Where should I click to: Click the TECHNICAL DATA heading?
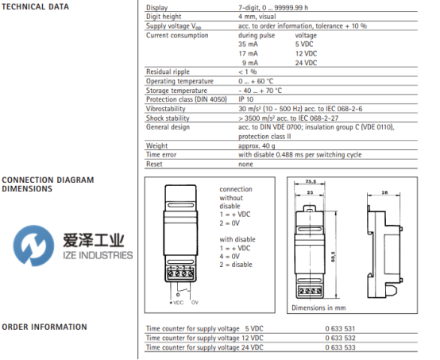(x=36, y=6)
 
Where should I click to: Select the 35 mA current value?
(x=248, y=45)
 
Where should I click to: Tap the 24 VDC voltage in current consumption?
(x=306, y=63)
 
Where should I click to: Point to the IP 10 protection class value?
(x=246, y=99)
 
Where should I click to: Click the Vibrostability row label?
(x=165, y=109)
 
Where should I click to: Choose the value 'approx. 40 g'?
(x=257, y=145)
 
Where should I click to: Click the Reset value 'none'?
(x=245, y=165)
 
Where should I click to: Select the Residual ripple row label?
(x=168, y=72)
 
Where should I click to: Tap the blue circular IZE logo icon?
(x=33, y=246)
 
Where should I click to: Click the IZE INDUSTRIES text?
(x=98, y=255)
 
